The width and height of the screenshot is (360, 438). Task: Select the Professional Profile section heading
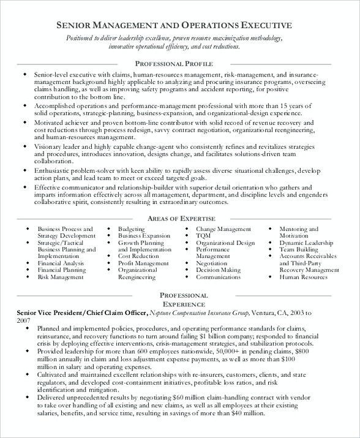(173, 64)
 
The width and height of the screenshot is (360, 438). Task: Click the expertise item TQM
(204, 236)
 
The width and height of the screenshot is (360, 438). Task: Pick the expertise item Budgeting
(132, 229)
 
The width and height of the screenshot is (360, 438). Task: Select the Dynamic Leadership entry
(305, 243)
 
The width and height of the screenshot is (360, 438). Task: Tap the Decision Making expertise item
(218, 270)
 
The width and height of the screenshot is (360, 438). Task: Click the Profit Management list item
(143, 263)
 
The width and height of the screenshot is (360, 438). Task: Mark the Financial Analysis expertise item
(61, 263)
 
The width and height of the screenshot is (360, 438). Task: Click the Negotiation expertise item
(211, 263)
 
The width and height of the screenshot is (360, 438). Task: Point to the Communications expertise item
(218, 277)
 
